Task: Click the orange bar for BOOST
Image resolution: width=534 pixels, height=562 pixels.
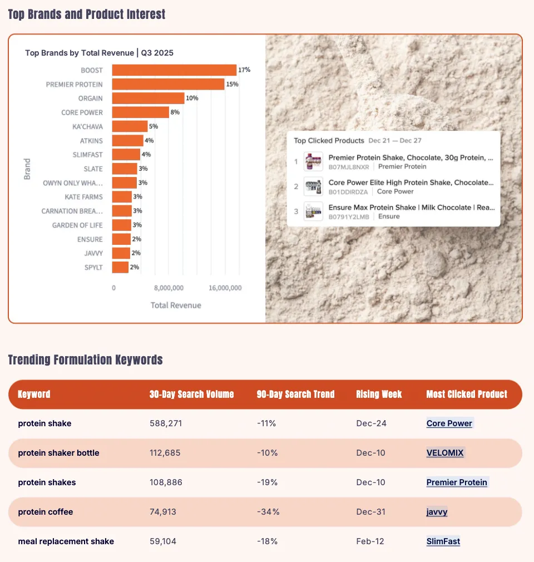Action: click(x=174, y=70)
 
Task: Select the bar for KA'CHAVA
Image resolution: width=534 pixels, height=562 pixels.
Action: click(x=130, y=126)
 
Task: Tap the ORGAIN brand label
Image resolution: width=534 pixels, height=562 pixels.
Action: click(x=90, y=98)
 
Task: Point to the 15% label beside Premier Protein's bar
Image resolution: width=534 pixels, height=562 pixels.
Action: click(x=233, y=84)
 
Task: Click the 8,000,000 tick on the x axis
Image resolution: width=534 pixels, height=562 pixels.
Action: click(x=168, y=288)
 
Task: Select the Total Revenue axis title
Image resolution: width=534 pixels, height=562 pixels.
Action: click(x=176, y=305)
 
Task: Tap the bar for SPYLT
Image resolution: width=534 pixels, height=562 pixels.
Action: click(x=120, y=267)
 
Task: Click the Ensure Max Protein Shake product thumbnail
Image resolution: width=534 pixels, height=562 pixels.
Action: click(x=313, y=211)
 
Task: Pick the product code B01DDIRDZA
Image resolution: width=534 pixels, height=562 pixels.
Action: click(x=349, y=191)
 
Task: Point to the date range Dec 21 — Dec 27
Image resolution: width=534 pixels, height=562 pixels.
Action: click(x=395, y=141)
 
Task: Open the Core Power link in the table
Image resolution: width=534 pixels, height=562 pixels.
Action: click(x=449, y=423)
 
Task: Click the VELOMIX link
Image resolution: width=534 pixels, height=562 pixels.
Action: click(x=445, y=453)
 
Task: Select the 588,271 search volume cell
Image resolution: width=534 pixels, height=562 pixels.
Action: click(x=166, y=423)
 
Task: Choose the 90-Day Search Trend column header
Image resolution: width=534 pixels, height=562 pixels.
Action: click(x=295, y=395)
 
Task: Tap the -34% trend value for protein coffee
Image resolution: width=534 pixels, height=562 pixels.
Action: click(x=268, y=512)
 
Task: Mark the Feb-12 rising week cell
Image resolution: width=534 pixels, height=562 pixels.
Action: click(x=370, y=541)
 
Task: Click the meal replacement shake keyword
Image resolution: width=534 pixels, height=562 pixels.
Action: click(x=66, y=541)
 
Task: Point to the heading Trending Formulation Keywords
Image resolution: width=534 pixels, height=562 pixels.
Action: click(x=85, y=360)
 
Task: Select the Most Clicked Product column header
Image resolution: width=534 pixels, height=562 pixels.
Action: click(x=467, y=395)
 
